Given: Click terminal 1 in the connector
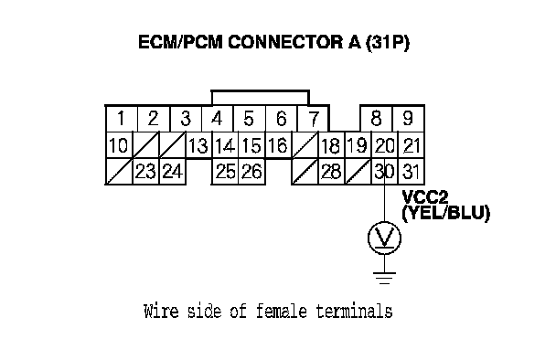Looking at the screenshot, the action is (122, 119).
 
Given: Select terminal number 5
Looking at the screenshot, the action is (249, 119).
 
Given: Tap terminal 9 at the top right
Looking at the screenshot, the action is (408, 119).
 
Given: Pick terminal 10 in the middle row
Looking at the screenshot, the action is (119, 145).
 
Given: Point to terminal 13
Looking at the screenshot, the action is (198, 145).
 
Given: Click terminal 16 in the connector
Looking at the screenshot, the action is (278, 145).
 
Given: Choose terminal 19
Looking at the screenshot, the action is (358, 145).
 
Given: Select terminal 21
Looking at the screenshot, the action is (411, 145).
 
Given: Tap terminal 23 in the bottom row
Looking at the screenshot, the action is (145, 172).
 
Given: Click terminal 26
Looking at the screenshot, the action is (251, 172).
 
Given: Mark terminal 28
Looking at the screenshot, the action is (331, 172).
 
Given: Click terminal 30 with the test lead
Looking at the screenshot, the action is (384, 172).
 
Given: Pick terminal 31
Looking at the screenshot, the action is (411, 172).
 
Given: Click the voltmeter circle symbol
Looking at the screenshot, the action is (384, 238).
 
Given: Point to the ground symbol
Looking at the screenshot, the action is (384, 278).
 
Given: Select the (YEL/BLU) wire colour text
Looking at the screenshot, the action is (445, 213).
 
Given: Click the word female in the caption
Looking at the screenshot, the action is (282, 311).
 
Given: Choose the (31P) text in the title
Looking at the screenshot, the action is (387, 43).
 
